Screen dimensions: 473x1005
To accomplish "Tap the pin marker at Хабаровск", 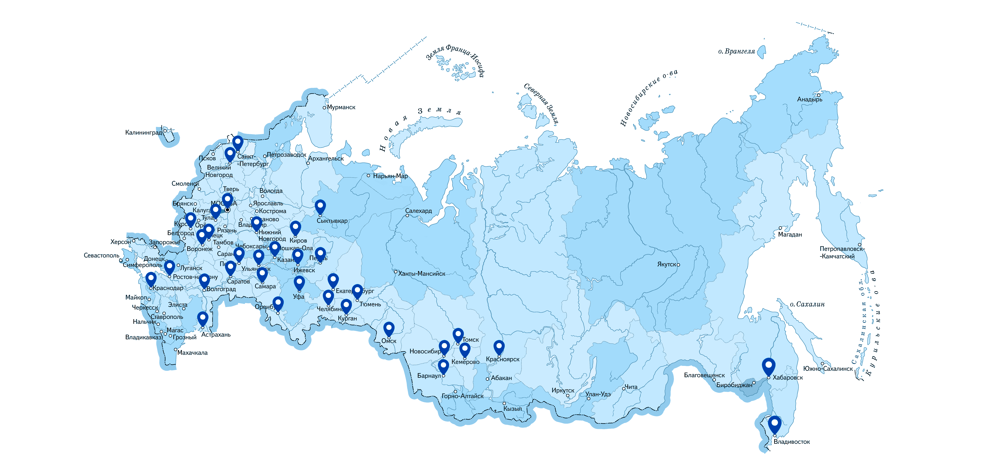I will coord(769,366).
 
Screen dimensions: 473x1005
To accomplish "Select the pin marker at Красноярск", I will coord(499,347).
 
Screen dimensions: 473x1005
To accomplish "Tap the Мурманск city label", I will coord(341,107).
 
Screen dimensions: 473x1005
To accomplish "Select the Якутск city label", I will coord(666,264).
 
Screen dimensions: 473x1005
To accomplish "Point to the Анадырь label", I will coord(809,100).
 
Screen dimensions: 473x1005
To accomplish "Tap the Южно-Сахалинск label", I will coord(828,369).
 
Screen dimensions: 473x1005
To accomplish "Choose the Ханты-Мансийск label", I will coord(421,274).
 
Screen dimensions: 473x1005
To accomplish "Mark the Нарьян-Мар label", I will coord(390,176).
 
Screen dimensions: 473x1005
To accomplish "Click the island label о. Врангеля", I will coord(737,51).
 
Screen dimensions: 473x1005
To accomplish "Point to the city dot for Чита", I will coord(623,389).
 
